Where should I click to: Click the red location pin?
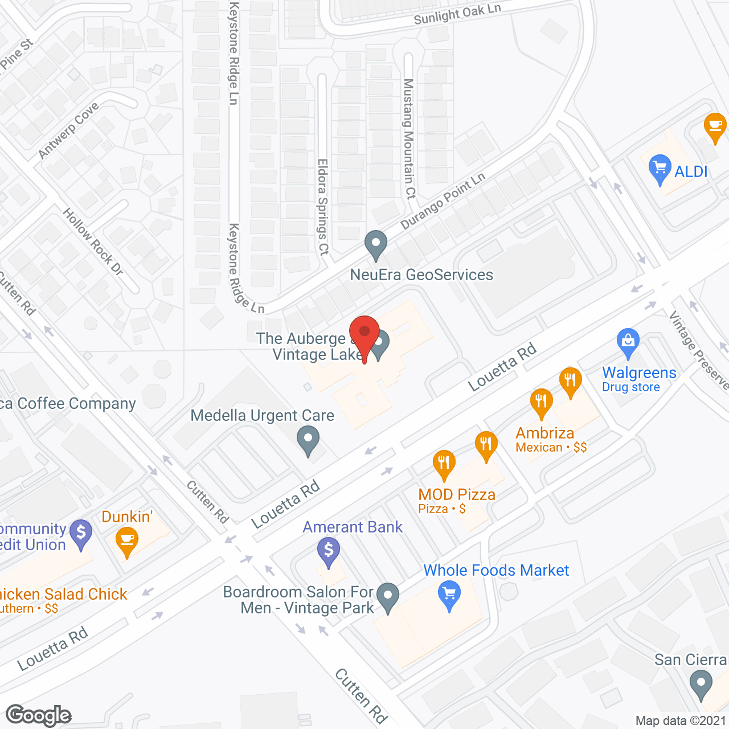click(364, 334)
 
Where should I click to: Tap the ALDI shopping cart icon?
click(660, 169)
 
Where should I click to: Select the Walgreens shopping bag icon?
click(628, 342)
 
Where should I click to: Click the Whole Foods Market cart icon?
click(449, 595)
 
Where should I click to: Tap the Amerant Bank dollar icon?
click(329, 551)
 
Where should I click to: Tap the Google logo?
click(39, 715)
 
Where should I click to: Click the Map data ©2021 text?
click(681, 721)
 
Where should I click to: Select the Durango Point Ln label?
click(443, 201)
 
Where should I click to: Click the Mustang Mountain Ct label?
click(408, 138)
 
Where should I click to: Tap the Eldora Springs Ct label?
click(323, 206)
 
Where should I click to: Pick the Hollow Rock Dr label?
click(93, 241)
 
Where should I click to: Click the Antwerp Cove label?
click(68, 130)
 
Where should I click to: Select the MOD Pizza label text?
click(457, 494)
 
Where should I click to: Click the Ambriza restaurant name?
click(544, 433)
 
